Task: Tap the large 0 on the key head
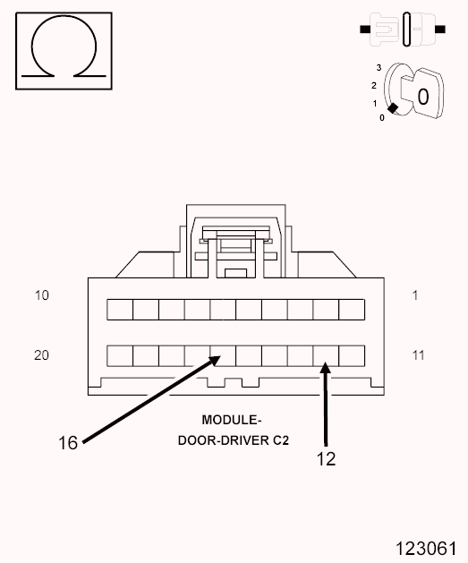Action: (423, 97)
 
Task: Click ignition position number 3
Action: (379, 67)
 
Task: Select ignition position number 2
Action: (374, 85)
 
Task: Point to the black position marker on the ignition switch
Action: (393, 108)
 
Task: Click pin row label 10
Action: (42, 295)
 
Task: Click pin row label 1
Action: (415, 295)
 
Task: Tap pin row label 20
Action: (42, 355)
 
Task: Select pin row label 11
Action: (418, 355)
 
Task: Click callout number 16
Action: (68, 443)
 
